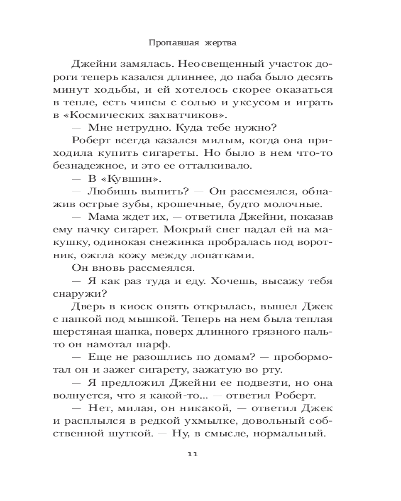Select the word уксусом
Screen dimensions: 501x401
click(x=264, y=103)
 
